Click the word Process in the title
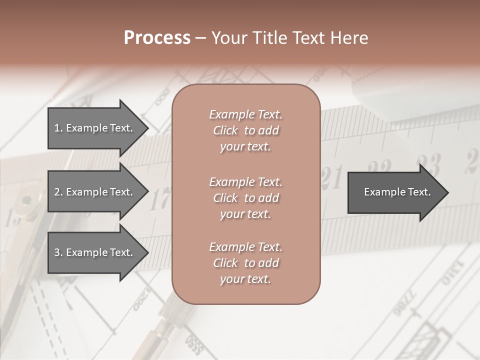tap(157, 38)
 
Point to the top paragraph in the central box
tap(246, 130)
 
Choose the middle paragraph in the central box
tap(246, 198)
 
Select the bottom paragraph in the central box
tap(246, 263)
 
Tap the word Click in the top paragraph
tap(225, 130)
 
